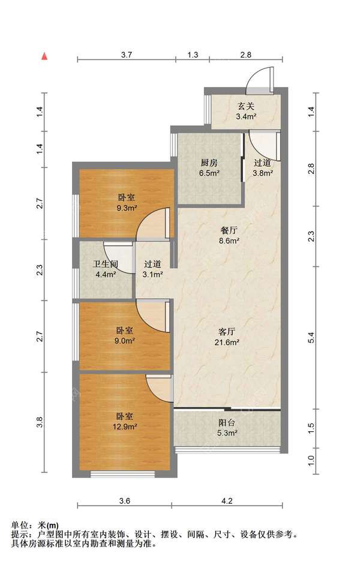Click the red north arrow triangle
(x=44, y=56)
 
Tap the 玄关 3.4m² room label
(x=246, y=111)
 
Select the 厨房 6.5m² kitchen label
(x=209, y=167)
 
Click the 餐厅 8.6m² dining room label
(x=229, y=235)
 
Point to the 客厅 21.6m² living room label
(x=227, y=336)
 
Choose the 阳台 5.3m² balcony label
(x=227, y=428)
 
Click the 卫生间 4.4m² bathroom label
(x=106, y=269)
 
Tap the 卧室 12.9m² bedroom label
(x=125, y=422)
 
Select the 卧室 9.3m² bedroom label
(x=127, y=203)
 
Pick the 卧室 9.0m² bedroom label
(x=125, y=335)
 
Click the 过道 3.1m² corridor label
(x=152, y=269)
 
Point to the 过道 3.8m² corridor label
(x=262, y=167)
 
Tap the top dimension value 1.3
(x=193, y=55)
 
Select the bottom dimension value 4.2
(x=227, y=500)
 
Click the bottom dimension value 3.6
(x=125, y=500)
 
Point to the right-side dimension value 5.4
(x=312, y=337)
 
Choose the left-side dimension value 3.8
(x=40, y=422)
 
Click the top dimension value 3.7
(x=127, y=55)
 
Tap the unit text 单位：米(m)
(x=35, y=526)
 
